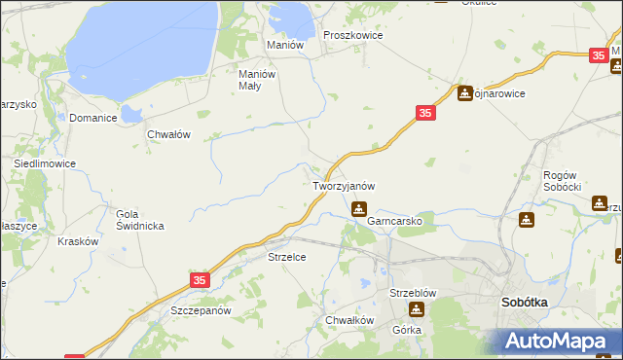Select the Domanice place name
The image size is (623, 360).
(x=93, y=118)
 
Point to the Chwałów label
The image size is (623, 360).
(x=167, y=135)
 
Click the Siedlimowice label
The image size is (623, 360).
(x=45, y=164)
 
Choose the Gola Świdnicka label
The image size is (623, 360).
(x=139, y=220)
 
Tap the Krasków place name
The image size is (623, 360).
(x=79, y=241)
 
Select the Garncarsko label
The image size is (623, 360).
(x=394, y=221)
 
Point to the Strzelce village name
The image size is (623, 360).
(x=287, y=257)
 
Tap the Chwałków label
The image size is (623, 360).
(x=350, y=320)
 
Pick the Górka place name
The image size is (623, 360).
(x=406, y=330)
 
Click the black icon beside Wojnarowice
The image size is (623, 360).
(x=465, y=93)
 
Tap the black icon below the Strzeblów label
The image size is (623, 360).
(x=417, y=309)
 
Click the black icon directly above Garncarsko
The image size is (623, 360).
(x=359, y=207)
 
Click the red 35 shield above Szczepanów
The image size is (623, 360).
(x=200, y=280)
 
